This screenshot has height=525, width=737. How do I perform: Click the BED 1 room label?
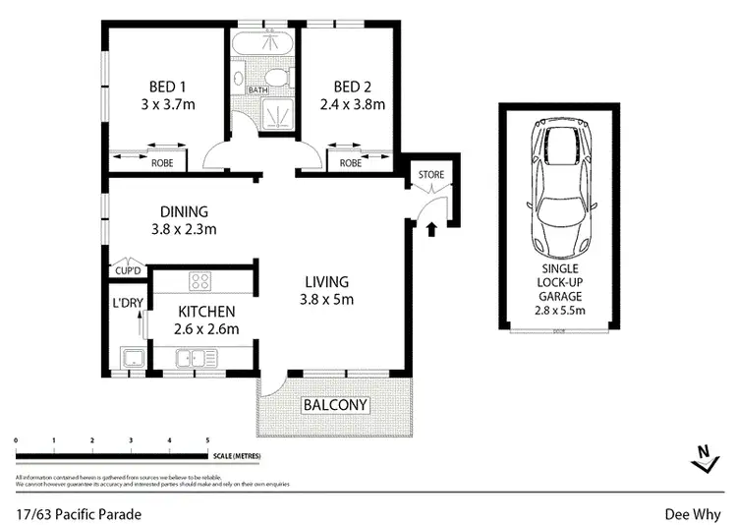point(164,85)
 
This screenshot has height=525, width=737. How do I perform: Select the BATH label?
point(256,90)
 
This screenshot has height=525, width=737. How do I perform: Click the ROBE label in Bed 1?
point(162,163)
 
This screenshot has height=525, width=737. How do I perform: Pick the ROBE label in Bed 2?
point(350,163)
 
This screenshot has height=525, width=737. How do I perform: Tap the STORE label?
point(431,175)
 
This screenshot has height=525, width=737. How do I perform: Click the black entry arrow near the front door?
point(430,230)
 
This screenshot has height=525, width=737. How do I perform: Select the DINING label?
point(184,211)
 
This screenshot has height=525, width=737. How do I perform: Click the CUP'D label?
point(128,268)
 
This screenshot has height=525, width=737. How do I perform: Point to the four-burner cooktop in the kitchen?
point(201,281)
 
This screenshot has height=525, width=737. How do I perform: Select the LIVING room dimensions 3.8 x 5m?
point(327,300)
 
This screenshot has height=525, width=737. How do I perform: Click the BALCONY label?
point(334,404)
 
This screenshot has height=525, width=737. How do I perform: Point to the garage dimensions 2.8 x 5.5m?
point(558,311)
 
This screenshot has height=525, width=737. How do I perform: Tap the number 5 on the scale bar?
point(207,440)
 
